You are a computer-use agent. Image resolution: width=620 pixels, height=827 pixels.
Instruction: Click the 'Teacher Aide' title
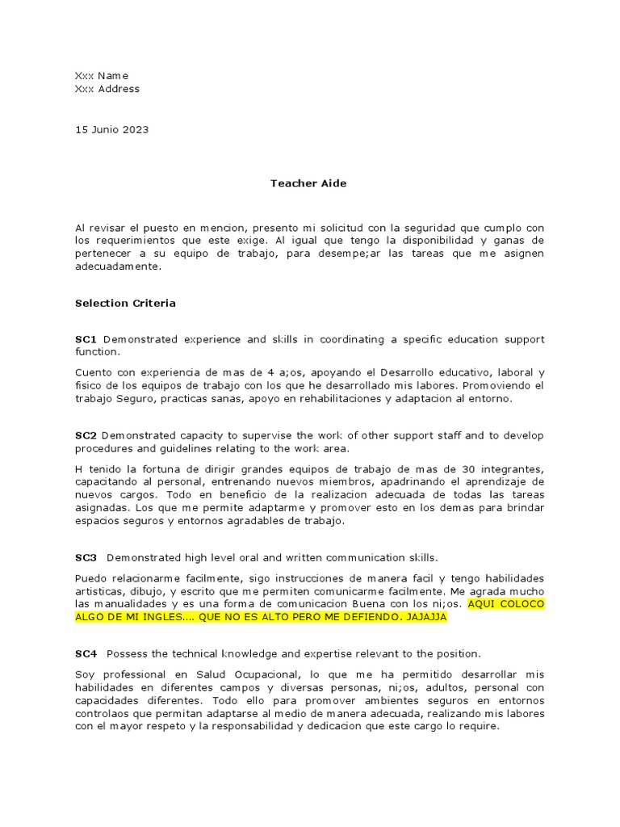(x=308, y=183)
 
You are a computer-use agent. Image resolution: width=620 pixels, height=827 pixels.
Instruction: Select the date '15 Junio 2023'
(x=111, y=129)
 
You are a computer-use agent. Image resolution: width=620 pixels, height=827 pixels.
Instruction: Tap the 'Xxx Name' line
(x=102, y=76)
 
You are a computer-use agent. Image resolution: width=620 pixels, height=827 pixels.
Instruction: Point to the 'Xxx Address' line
(x=107, y=89)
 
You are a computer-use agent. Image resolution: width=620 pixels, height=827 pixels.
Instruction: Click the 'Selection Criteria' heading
(x=125, y=304)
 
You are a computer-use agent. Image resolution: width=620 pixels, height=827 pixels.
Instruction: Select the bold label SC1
(x=86, y=339)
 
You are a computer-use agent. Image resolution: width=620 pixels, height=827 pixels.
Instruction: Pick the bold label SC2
(x=86, y=435)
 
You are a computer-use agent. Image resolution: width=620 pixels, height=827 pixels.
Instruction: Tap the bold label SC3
(x=86, y=557)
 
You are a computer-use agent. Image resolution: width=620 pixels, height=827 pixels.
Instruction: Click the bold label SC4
(x=86, y=653)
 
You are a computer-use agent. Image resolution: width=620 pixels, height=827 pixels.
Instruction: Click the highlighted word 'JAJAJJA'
(x=425, y=617)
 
